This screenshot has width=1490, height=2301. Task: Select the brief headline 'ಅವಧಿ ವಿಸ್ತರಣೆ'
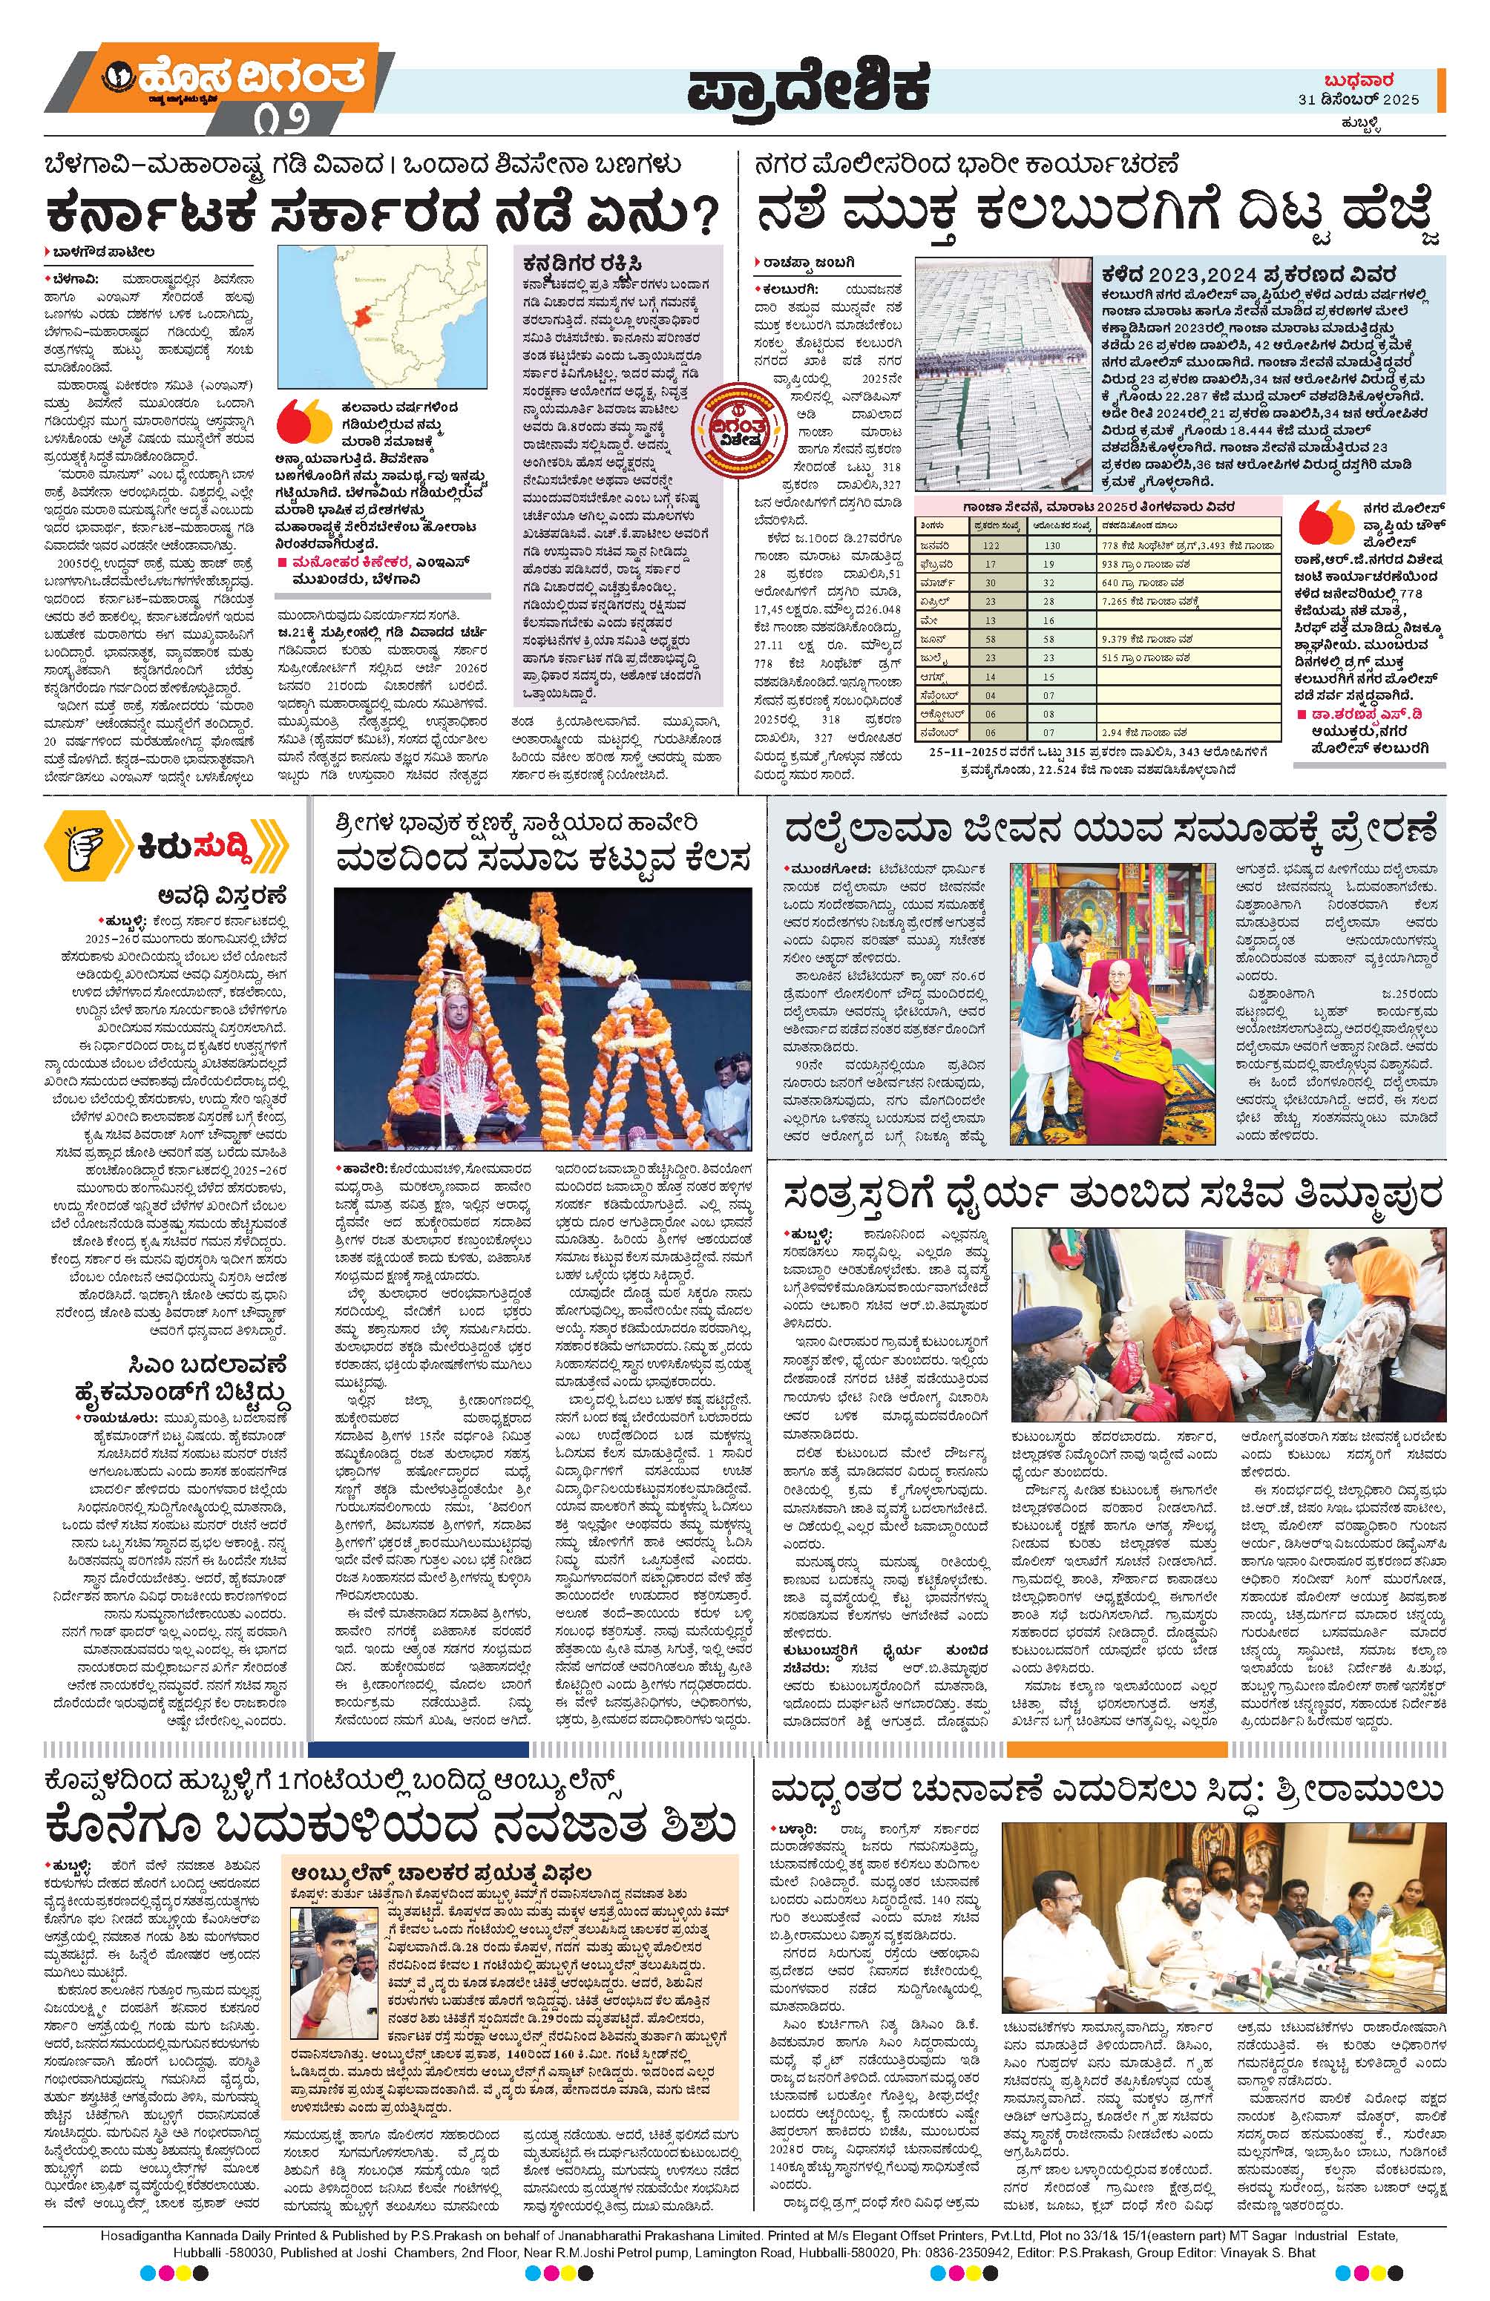(226, 893)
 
